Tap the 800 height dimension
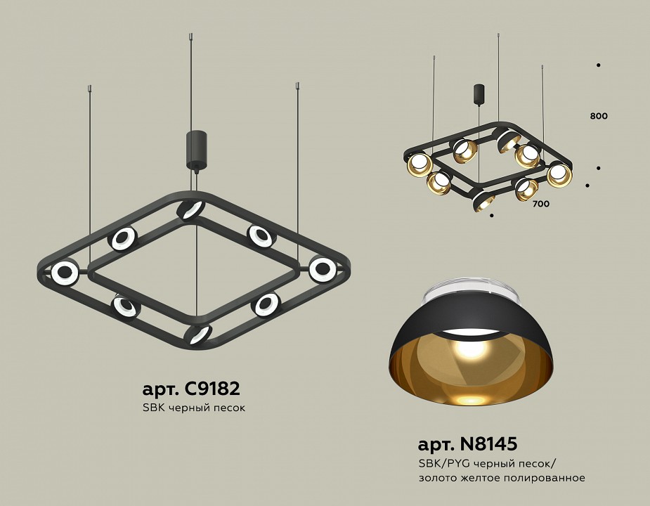(599, 116)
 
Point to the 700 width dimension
(540, 205)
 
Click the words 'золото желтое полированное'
(501, 478)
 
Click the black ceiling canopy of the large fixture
(195, 149)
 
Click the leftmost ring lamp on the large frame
(65, 273)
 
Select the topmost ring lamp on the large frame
(190, 209)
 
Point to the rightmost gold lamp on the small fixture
(560, 174)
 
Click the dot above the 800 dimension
(598, 65)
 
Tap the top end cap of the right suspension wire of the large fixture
(298, 86)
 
